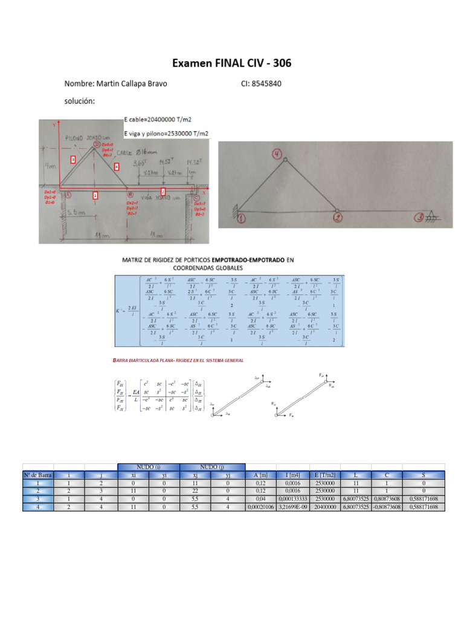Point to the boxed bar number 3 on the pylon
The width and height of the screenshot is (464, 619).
73,160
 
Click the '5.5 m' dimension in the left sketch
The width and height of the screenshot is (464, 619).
76,213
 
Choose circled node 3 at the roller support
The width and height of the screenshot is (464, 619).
419,218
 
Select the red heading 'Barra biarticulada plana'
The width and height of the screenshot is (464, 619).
178,360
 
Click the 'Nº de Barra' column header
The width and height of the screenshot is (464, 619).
38,475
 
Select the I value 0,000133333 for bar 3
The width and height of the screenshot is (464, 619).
289,499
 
